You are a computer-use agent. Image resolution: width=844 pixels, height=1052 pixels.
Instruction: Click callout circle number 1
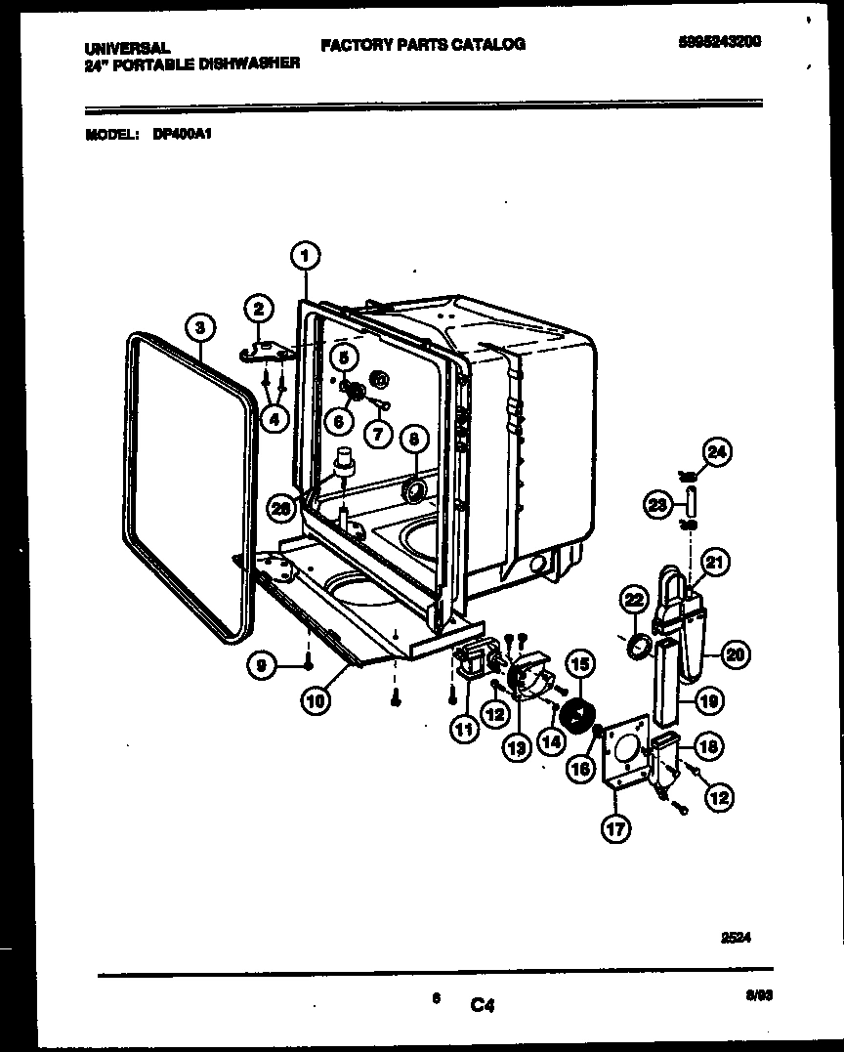click(305, 256)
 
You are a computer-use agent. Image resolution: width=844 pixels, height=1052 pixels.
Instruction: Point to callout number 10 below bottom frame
click(315, 699)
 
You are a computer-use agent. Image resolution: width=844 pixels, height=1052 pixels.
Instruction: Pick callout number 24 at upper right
click(716, 452)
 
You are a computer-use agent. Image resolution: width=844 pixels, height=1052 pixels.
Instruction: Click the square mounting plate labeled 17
click(625, 751)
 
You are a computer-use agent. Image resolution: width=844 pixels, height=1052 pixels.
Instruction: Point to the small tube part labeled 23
click(691, 505)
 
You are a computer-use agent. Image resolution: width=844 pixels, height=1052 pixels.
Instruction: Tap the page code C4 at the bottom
click(483, 1003)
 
